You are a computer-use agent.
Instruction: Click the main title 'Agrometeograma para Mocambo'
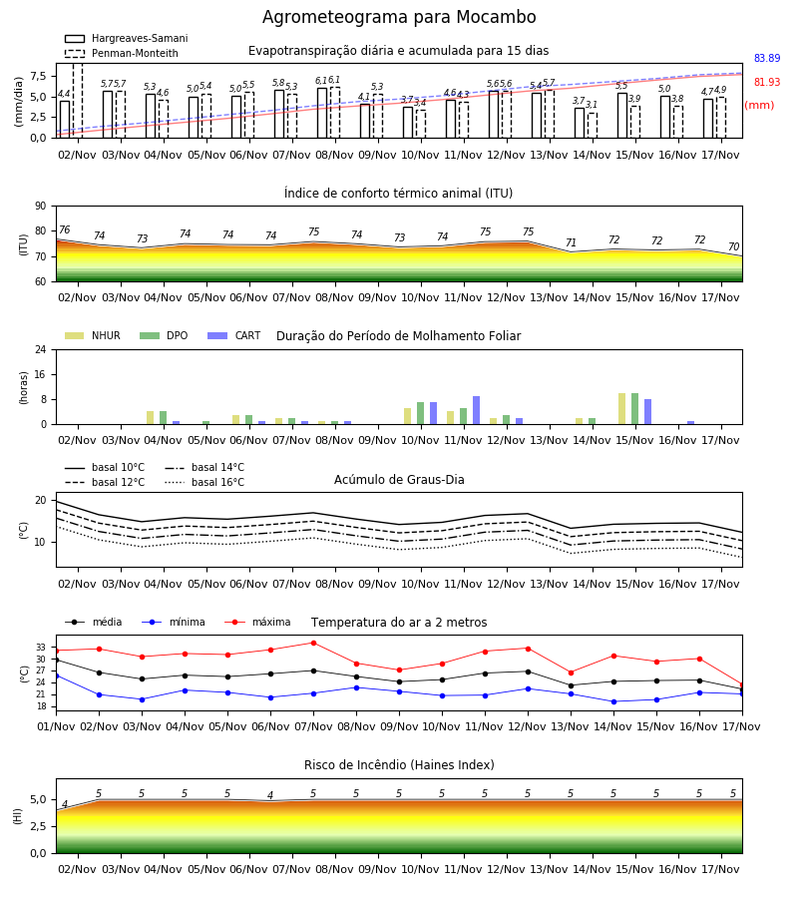pyautogui.click(x=399, y=17)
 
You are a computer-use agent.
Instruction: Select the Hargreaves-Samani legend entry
pyautogui.click(x=126, y=38)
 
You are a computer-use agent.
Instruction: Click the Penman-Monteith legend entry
pyautogui.click(x=122, y=53)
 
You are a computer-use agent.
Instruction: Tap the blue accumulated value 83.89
pyautogui.click(x=767, y=58)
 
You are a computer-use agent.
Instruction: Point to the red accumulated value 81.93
pyautogui.click(x=767, y=82)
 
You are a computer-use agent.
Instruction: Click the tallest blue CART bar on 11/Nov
pyautogui.click(x=476, y=410)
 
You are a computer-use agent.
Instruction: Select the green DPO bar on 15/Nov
pyautogui.click(x=634, y=409)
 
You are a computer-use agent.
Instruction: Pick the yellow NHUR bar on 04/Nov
pyautogui.click(x=150, y=417)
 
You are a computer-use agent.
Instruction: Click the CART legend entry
pyautogui.click(x=233, y=335)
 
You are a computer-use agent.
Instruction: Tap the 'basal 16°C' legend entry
pyautogui.click(x=204, y=482)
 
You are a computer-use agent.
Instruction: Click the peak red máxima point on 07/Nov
pyautogui.click(x=313, y=643)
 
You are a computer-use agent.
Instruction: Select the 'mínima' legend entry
pyautogui.click(x=173, y=622)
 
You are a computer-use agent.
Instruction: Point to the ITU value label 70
pyautogui.click(x=734, y=246)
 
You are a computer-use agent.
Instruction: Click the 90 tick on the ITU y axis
pyautogui.click(x=41, y=207)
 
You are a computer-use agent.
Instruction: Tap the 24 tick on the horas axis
pyautogui.click(x=41, y=349)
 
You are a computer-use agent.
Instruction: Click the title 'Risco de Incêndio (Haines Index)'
pyautogui.click(x=399, y=764)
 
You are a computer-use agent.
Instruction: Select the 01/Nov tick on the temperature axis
pyautogui.click(x=56, y=726)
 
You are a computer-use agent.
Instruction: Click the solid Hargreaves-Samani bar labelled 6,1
pyautogui.click(x=322, y=113)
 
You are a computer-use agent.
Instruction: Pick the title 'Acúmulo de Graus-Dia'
pyautogui.click(x=399, y=479)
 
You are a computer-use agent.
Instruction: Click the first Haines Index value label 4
pyautogui.click(x=65, y=804)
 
